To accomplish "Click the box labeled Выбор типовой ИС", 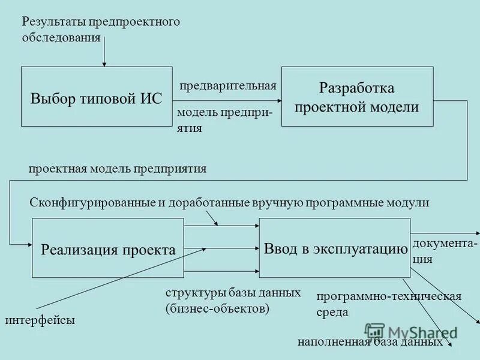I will [97, 97].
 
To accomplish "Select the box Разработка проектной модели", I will [357, 97].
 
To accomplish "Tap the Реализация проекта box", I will [107, 248].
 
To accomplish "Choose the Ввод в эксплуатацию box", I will [335, 248].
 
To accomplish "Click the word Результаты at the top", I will [55, 22].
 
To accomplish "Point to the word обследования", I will [61, 38].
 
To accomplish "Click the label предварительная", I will [228, 85].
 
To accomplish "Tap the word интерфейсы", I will [41, 320].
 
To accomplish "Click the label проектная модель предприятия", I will [118, 169].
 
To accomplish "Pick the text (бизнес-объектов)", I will [217, 308].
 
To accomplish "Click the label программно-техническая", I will [389, 296].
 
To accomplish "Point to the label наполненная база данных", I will [370, 342].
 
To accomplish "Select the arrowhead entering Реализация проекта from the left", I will [28, 244].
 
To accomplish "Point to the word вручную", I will [281, 203].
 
